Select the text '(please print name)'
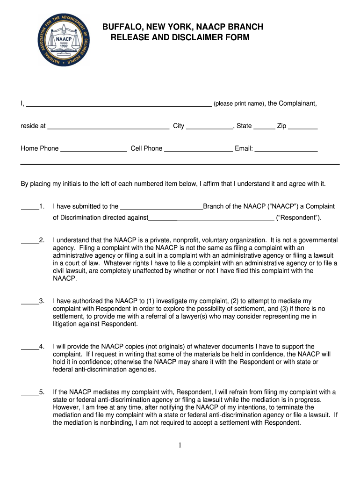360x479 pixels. coord(239,104)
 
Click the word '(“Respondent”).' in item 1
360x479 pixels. coord(299,218)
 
